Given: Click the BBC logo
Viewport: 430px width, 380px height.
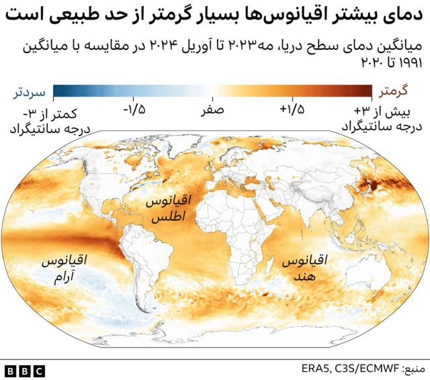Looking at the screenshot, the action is point(25,370).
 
